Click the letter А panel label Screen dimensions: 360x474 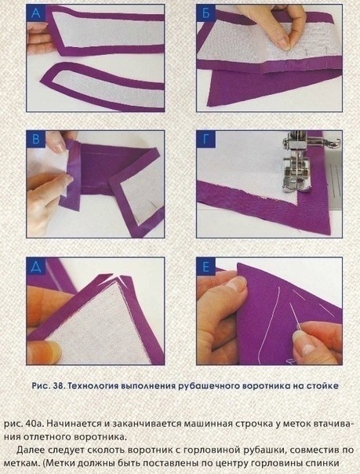(35, 13)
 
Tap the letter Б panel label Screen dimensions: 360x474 (205, 13)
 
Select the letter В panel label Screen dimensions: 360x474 (35, 140)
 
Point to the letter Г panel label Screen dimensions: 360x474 (205, 140)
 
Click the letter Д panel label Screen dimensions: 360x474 (35, 266)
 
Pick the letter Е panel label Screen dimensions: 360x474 (205, 267)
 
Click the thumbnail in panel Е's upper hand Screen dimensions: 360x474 (237, 284)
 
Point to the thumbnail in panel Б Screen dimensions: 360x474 (284, 42)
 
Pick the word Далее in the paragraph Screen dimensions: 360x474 (30, 450)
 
